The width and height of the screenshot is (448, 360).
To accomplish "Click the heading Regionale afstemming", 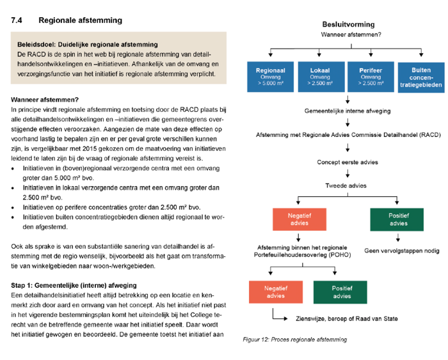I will [80, 20].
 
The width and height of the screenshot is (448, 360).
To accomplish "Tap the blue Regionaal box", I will [270, 77].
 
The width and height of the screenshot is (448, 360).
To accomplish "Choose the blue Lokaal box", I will [320, 77].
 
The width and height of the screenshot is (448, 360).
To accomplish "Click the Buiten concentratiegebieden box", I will [420, 77].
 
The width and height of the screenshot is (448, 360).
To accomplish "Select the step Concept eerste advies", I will [347, 162].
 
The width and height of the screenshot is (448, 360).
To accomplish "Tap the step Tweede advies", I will [347, 185].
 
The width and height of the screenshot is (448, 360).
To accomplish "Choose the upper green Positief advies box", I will [397, 219].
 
